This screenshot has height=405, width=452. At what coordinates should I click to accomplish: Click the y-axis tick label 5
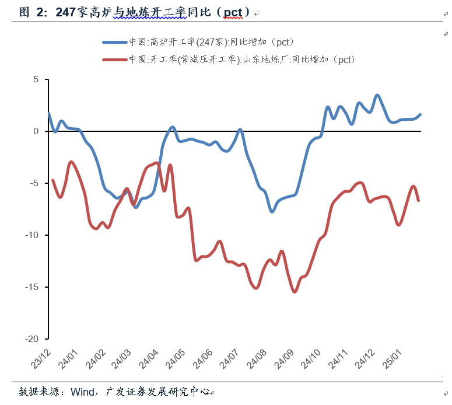point(36,79)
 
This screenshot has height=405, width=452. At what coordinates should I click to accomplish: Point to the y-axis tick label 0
point(36,131)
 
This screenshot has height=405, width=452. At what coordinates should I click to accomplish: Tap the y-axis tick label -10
point(32,235)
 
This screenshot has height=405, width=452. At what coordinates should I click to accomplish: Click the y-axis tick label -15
point(32,287)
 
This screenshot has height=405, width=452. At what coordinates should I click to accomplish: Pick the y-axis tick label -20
point(32,339)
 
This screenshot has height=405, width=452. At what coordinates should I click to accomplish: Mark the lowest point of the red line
point(295,292)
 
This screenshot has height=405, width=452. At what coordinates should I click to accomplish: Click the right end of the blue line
point(420,114)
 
